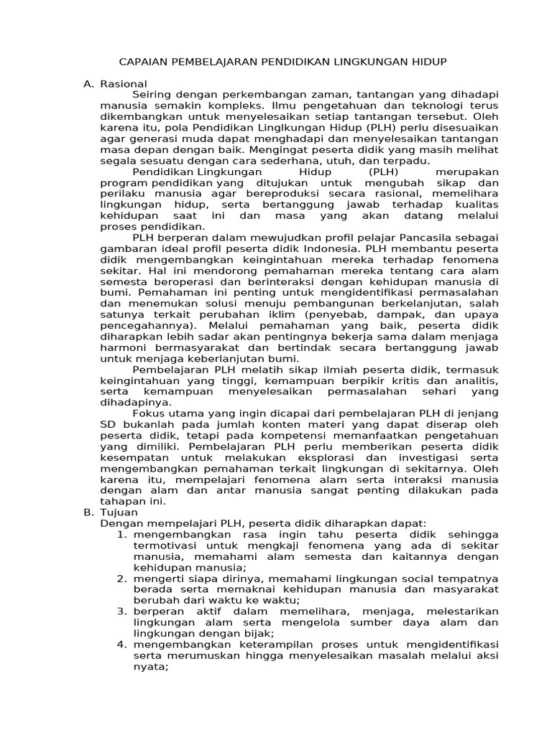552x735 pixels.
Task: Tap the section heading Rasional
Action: click(x=123, y=84)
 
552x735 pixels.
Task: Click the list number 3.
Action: click(x=121, y=611)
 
